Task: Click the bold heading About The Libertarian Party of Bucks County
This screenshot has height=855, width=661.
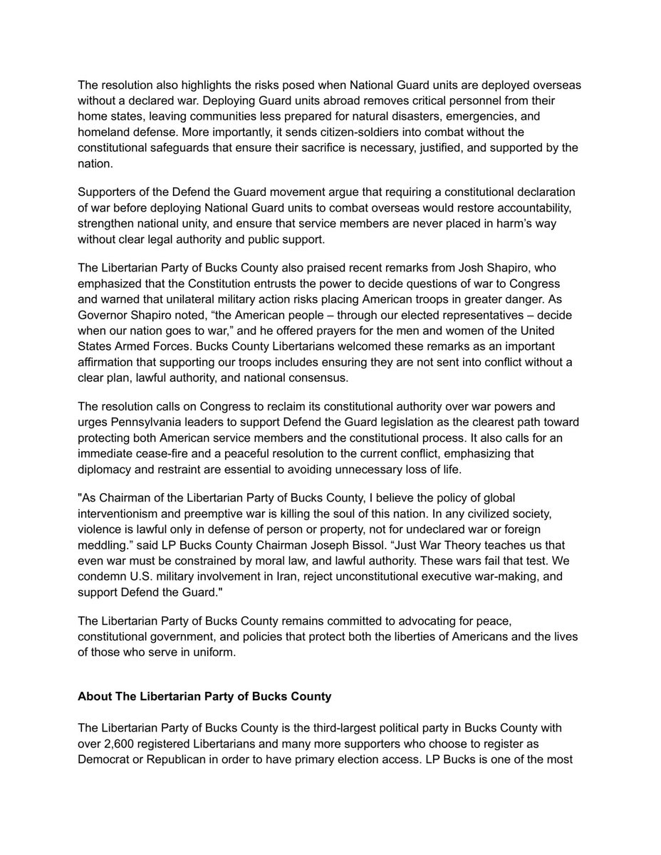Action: point(204,696)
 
